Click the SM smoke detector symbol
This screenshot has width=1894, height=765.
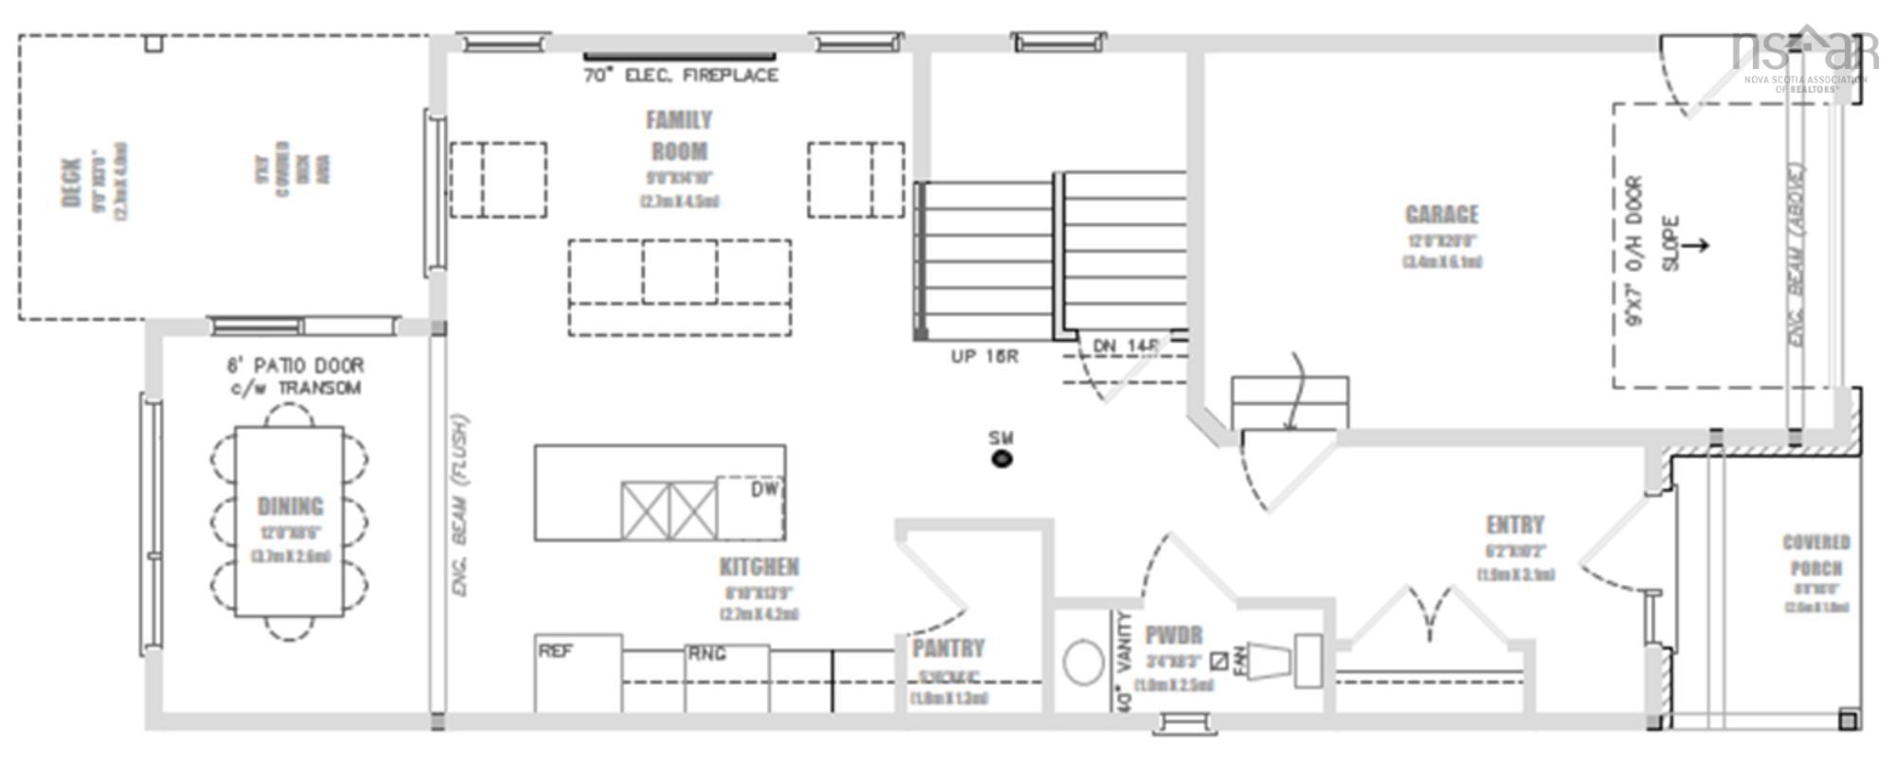pos(1001,459)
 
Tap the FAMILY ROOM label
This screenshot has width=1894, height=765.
pos(679,135)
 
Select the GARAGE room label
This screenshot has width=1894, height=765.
pos(1441,215)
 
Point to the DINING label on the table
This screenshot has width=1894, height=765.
pos(290,507)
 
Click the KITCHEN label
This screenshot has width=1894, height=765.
pos(759,567)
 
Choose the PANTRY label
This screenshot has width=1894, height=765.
pos(948,649)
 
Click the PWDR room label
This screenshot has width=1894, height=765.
pos(1173,635)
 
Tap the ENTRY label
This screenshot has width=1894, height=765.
pos(1514,525)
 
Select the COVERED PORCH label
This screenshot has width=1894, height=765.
pos(1815,556)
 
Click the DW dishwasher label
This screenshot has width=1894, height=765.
pos(764,489)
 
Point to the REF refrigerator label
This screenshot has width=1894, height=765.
pos(555,651)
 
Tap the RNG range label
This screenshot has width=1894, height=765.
pos(706,653)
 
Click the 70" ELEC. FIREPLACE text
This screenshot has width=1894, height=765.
pos(681,76)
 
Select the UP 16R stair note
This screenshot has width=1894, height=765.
pos(984,357)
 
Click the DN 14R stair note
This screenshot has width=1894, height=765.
pos(1126,347)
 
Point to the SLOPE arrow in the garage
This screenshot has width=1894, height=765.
pos(1695,245)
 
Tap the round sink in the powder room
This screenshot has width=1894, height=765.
pos(1082,663)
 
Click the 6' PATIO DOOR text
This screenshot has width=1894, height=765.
pos(295,365)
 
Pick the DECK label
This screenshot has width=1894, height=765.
pos(72,183)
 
